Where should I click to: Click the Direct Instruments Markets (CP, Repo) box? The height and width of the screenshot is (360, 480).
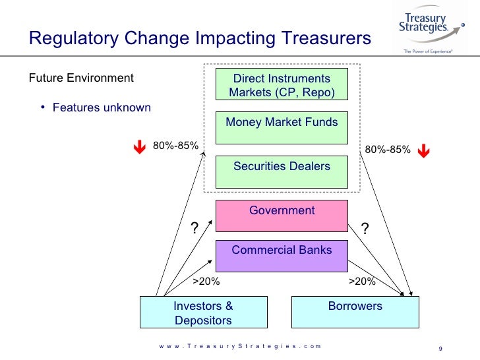click(282, 85)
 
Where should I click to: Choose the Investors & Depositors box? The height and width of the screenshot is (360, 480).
click(203, 313)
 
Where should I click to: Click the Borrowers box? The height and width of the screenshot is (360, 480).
click(355, 312)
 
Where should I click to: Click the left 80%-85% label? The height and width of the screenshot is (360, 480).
click(175, 146)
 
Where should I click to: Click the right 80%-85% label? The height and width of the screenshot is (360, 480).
click(388, 150)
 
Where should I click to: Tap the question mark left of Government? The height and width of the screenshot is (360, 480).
click(195, 229)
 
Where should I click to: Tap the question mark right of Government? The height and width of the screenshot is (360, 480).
click(365, 228)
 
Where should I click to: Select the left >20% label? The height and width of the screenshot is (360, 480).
click(206, 282)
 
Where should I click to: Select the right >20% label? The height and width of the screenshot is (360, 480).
click(361, 282)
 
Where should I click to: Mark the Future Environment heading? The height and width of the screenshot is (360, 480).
click(81, 78)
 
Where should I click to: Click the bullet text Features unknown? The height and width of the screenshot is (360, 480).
click(102, 107)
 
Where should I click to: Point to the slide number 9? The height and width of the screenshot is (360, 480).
click(439, 349)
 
